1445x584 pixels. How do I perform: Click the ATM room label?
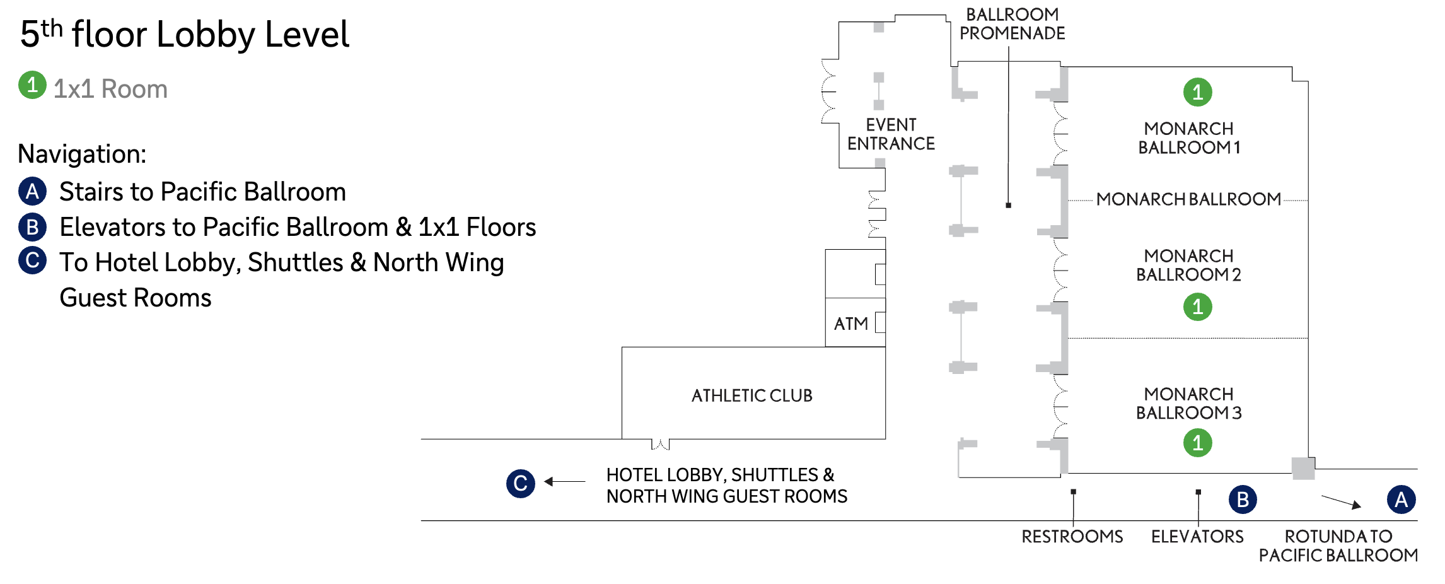click(x=850, y=324)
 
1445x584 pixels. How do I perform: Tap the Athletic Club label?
click(x=752, y=395)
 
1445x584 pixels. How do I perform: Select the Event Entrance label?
click(x=891, y=134)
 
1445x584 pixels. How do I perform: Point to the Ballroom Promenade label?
click(x=1013, y=24)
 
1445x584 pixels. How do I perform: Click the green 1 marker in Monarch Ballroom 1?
click(x=1197, y=92)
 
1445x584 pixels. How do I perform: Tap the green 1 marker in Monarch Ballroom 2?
click(x=1197, y=307)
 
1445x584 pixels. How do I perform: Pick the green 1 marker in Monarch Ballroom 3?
click(x=1197, y=443)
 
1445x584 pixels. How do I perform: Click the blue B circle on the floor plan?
click(x=1243, y=499)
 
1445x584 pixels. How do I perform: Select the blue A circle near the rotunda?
click(x=1401, y=499)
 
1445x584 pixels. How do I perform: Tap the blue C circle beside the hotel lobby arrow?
click(x=521, y=484)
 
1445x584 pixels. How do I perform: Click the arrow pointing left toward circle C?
click(x=564, y=482)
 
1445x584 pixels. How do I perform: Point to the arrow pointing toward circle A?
click(x=1341, y=502)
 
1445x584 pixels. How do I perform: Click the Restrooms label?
click(x=1072, y=537)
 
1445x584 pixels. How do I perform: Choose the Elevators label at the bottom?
click(x=1197, y=537)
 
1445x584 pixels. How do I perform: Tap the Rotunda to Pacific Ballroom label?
click(x=1338, y=546)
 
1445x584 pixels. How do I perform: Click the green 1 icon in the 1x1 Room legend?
click(x=32, y=85)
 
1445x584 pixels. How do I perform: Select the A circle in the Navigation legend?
click(x=32, y=192)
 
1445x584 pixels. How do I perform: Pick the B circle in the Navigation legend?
click(x=32, y=227)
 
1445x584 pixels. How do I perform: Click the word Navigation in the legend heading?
click(x=82, y=154)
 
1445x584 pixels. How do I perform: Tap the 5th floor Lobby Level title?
click(x=184, y=34)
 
